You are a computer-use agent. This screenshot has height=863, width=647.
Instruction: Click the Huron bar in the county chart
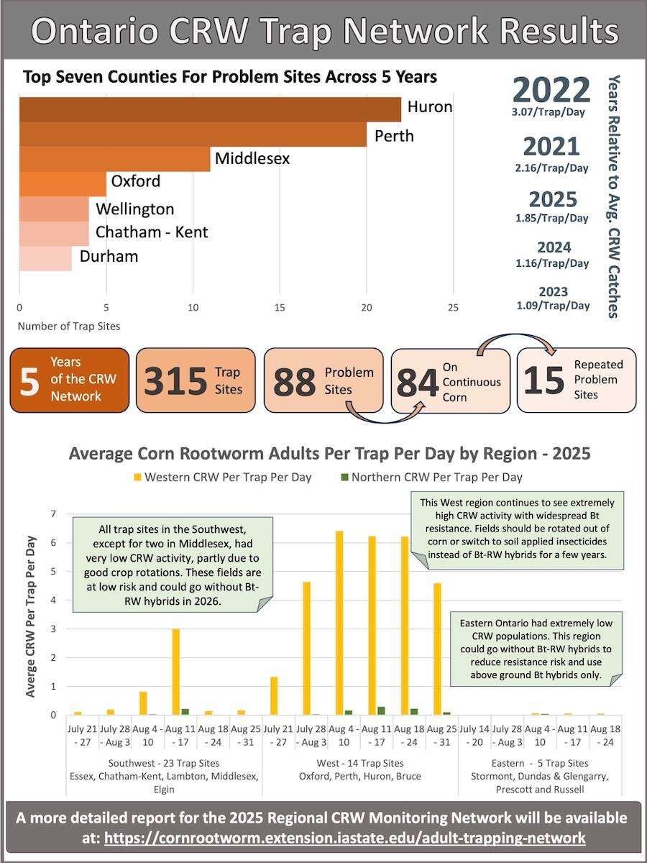click(x=208, y=109)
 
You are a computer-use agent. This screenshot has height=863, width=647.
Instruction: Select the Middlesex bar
click(x=115, y=159)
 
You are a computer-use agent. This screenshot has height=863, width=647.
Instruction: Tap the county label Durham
click(x=109, y=256)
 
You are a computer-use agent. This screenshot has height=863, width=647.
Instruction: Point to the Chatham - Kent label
click(x=152, y=232)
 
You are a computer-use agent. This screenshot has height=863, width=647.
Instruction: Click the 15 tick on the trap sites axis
click(x=280, y=307)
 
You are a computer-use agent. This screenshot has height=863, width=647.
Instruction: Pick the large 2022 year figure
click(x=551, y=91)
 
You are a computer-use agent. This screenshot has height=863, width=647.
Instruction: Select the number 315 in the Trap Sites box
click(x=175, y=381)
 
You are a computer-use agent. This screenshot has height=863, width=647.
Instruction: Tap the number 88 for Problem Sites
click(x=295, y=381)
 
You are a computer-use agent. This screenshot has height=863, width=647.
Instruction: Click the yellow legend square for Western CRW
click(x=138, y=477)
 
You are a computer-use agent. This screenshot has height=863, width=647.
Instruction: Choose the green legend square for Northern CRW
click(x=344, y=477)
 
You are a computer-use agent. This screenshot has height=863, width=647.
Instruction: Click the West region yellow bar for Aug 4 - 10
click(x=339, y=623)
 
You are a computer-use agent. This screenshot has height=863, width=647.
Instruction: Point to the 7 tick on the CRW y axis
click(x=52, y=513)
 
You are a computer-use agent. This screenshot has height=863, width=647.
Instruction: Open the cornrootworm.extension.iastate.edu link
click(x=344, y=838)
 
